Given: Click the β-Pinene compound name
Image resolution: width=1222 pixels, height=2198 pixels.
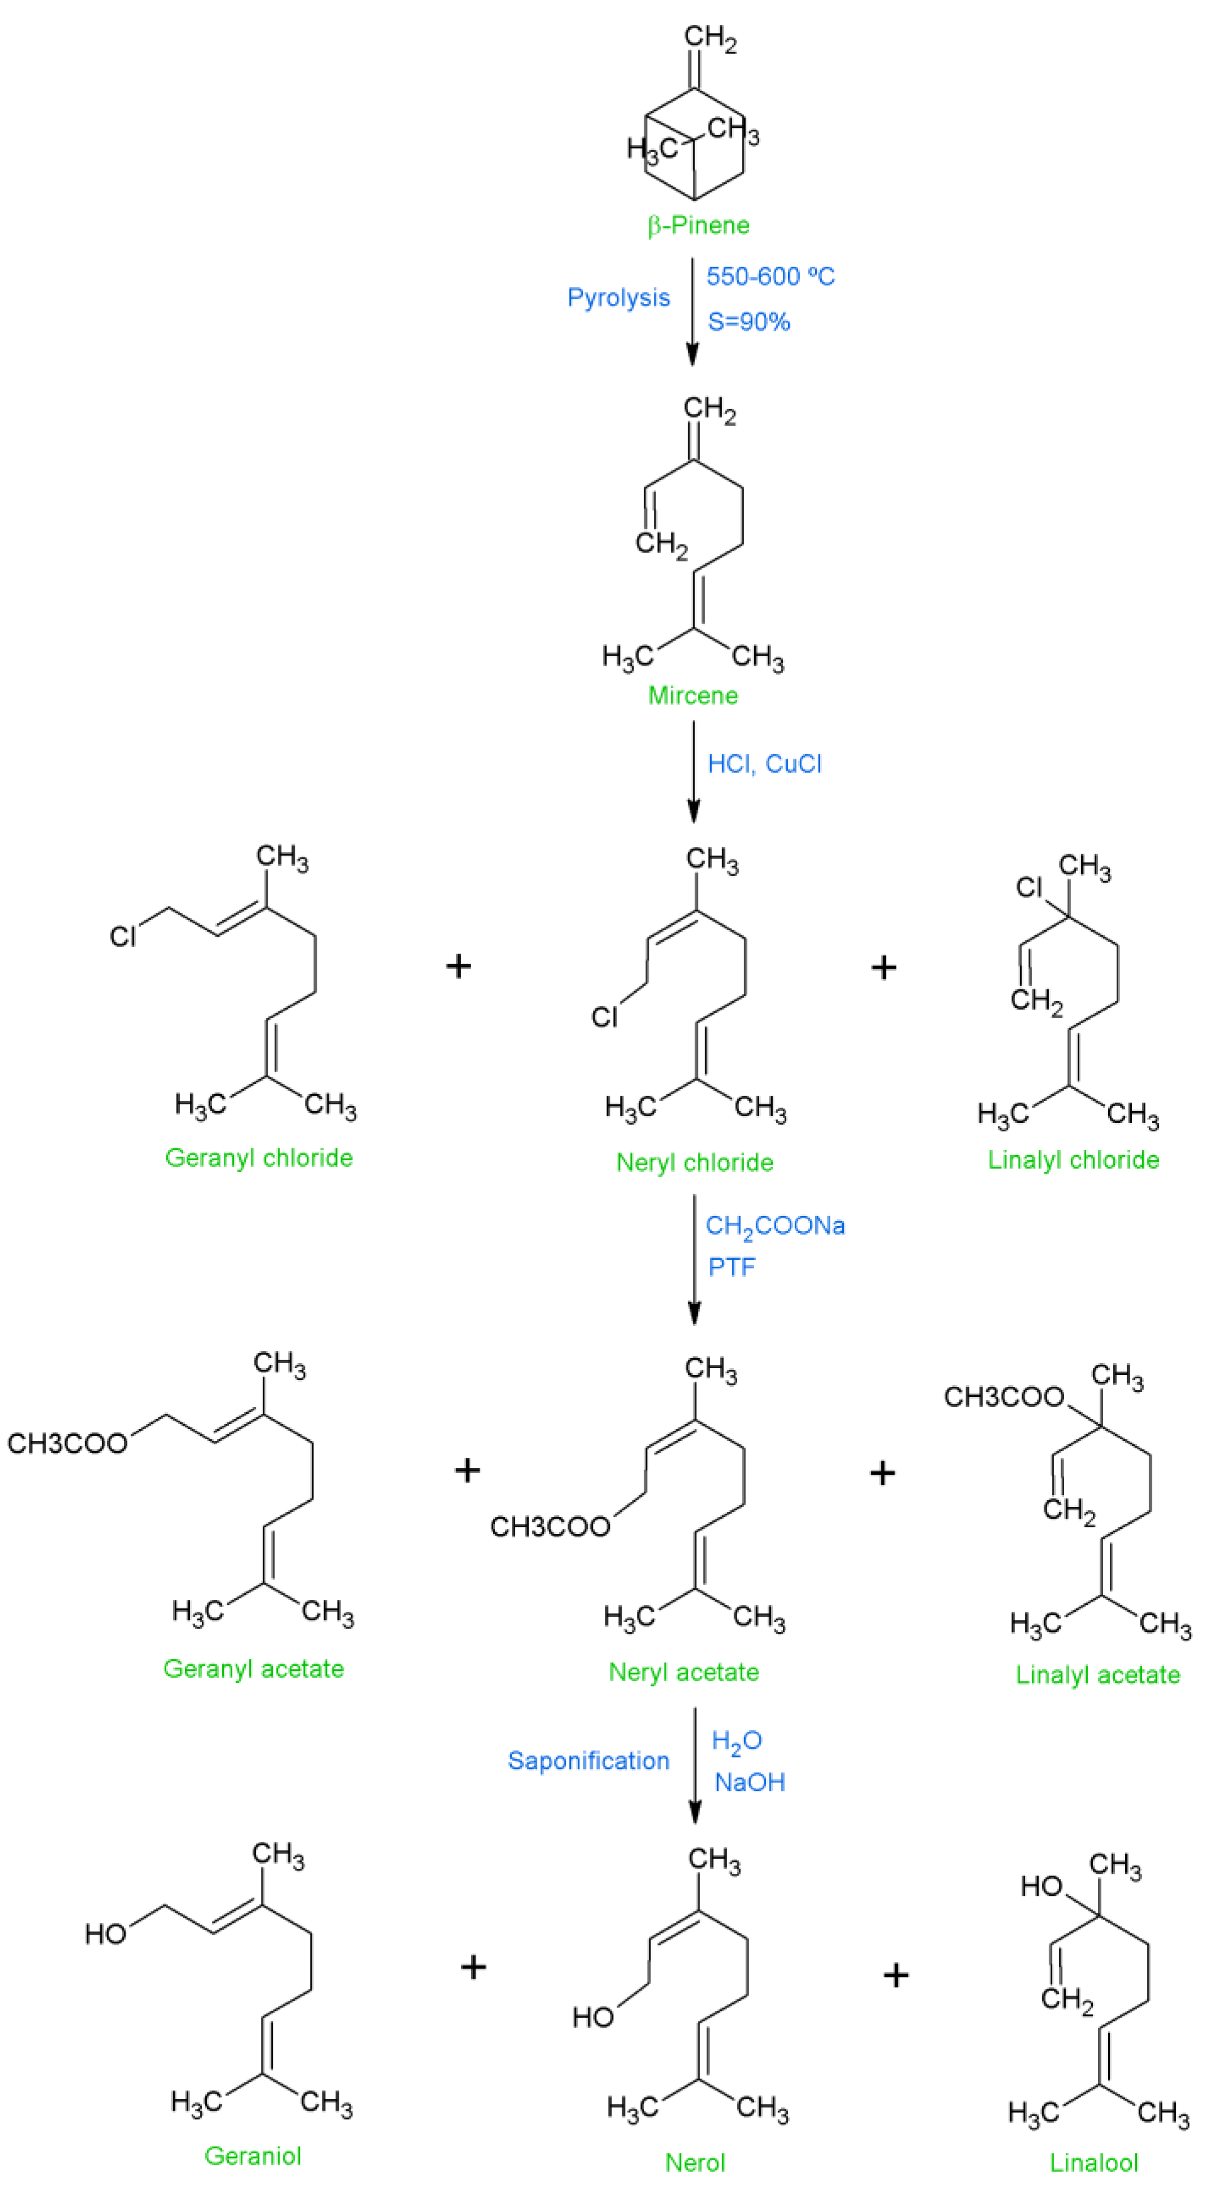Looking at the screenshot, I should tap(698, 225).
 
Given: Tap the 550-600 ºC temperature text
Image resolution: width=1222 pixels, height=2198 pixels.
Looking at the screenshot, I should tap(770, 276).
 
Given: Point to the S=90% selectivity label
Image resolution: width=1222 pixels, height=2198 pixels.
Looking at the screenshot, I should tap(749, 322).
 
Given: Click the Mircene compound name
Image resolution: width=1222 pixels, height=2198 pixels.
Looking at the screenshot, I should tap(692, 696).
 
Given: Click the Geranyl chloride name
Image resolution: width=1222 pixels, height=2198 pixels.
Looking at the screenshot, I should tap(259, 1158).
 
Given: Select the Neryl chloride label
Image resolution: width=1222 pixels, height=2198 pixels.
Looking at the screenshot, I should tap(694, 1162).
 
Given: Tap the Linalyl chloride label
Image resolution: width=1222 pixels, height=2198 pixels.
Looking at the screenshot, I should tap(1073, 1160).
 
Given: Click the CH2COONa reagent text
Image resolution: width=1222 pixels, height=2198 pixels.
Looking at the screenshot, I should tap(774, 1226).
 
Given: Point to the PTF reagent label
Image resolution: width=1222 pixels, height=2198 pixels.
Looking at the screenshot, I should tap(731, 1267).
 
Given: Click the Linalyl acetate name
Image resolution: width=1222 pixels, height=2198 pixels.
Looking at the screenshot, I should tap(1097, 1674).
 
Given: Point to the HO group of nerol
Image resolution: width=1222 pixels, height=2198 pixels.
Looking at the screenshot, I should tap(593, 2017).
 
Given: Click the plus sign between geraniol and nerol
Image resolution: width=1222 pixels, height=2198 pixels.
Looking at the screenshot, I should tap(473, 1967).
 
